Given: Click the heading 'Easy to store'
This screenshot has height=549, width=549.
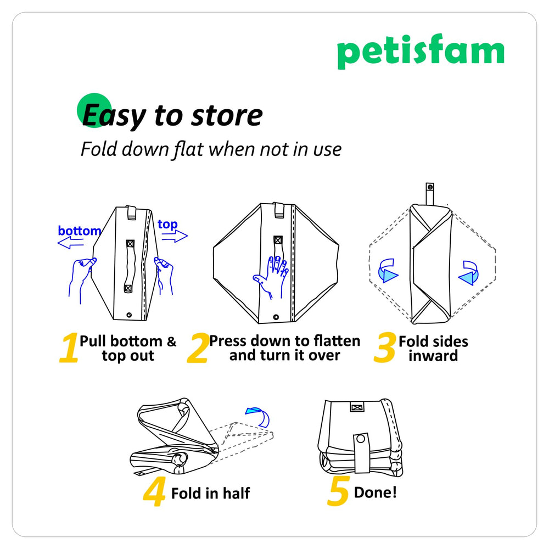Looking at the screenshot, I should point(172,116).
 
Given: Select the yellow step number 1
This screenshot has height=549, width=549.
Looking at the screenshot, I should point(69,350).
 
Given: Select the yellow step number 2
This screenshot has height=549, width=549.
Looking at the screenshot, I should point(197,350).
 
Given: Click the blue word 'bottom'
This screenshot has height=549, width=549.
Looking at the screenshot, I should point(80,231).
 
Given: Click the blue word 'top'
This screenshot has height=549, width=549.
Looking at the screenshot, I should point(167,225).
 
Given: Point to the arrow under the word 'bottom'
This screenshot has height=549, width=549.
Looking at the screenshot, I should point(71,244).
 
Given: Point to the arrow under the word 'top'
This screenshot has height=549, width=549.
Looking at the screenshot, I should point(175,237).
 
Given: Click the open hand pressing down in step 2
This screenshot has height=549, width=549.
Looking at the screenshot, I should point(270,274).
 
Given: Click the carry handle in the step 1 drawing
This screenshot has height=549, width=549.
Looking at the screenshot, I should point(130,266).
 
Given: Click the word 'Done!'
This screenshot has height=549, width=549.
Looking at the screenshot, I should point(375,492).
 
